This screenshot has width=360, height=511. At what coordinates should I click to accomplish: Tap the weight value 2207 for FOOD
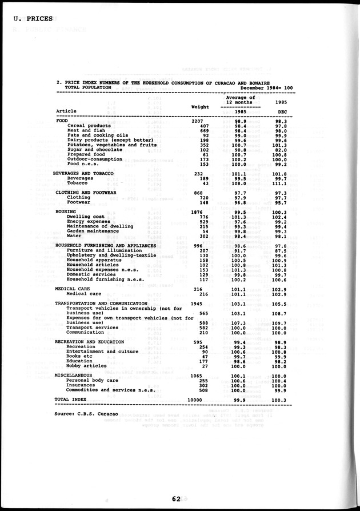click(x=196, y=121)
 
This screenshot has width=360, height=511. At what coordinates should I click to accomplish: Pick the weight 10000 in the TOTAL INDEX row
click(x=195, y=399)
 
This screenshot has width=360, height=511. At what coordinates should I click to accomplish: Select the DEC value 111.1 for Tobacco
click(x=278, y=183)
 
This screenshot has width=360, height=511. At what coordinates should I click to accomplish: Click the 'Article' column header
click(x=66, y=111)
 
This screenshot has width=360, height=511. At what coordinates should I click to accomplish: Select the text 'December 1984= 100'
click(x=266, y=87)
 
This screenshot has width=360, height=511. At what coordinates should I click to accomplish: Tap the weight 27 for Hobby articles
click(x=204, y=366)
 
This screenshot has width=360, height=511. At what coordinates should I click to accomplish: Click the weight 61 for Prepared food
click(x=204, y=154)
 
